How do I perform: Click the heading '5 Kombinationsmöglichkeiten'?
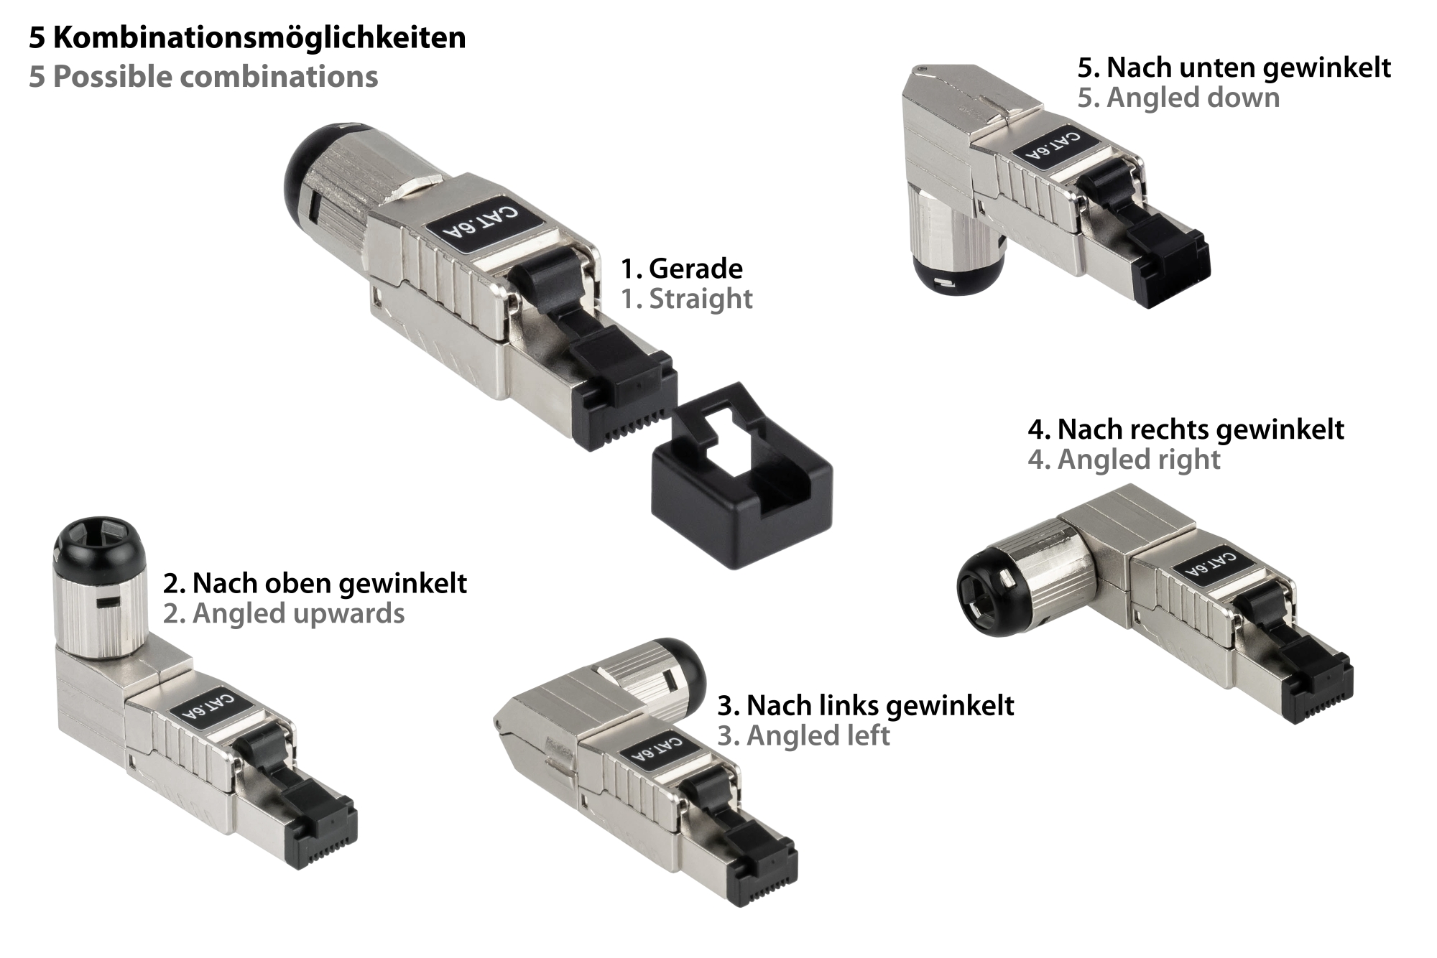(247, 37)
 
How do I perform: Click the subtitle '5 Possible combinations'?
(203, 77)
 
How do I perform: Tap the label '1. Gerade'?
(682, 269)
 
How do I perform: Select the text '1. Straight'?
(687, 299)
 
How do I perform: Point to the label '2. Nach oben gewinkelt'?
(315, 583)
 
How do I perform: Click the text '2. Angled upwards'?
(284, 614)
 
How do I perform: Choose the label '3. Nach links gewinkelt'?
(866, 705)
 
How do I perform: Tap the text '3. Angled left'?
(803, 735)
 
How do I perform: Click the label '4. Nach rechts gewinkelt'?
(1186, 429)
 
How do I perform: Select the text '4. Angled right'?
(1124, 460)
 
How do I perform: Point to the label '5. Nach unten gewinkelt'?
(1234, 68)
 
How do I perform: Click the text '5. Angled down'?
(1178, 98)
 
